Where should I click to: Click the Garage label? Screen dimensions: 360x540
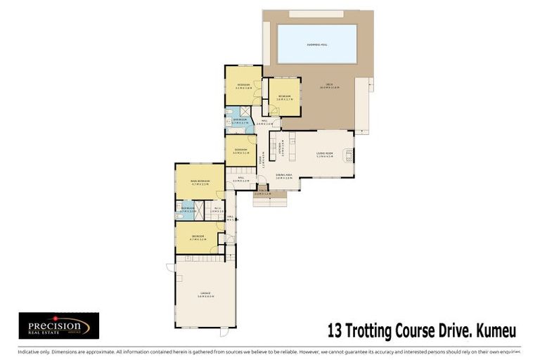point(205,294)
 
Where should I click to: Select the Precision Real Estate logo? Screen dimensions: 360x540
point(58,326)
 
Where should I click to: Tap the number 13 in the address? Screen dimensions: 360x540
point(336,329)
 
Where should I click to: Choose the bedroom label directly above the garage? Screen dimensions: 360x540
point(198,237)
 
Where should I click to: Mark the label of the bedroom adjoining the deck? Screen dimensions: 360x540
point(284,96)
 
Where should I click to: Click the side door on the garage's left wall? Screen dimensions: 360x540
point(170,268)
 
